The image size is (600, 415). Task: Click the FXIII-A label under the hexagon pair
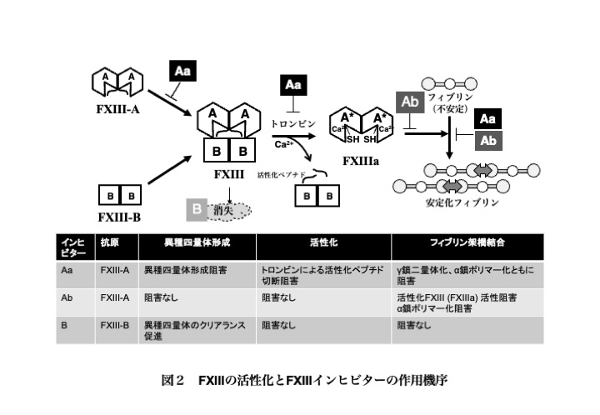(117, 110)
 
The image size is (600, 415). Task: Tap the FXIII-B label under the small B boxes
(119, 217)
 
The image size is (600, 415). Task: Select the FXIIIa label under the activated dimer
(361, 161)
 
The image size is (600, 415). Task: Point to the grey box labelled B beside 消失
(197, 210)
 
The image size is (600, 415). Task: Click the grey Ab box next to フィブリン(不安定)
(410, 102)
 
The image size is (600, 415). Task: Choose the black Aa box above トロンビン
(293, 85)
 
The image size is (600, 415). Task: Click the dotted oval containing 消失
(229, 211)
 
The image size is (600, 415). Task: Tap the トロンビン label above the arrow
(293, 124)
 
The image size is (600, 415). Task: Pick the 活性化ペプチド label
(282, 175)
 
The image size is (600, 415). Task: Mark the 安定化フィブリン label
(462, 202)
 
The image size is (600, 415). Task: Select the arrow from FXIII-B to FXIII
(169, 170)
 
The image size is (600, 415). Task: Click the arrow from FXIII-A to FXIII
(169, 102)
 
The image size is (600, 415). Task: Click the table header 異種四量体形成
(197, 242)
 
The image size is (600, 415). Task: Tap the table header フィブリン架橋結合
(467, 242)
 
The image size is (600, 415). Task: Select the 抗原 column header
(110, 242)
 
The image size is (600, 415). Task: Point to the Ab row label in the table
(67, 297)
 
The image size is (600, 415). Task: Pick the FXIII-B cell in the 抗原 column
(115, 326)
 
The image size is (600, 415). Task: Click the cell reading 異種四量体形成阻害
(185, 271)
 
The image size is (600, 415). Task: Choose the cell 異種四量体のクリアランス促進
(194, 331)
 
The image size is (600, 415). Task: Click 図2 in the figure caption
(172, 381)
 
